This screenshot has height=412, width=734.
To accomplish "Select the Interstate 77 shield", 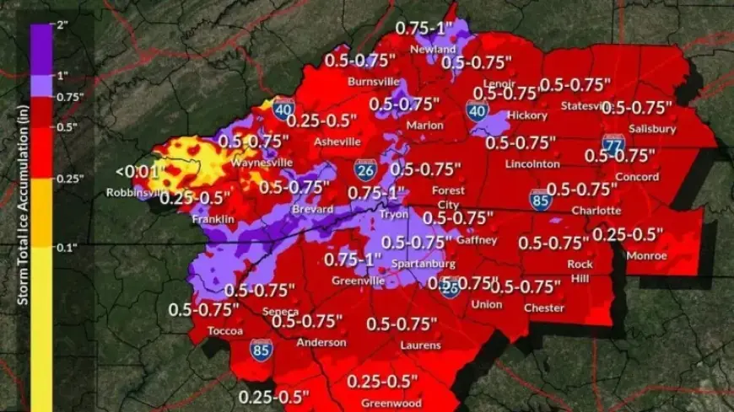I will click(613, 142).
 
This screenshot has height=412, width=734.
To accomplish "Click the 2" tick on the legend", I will click(62, 24).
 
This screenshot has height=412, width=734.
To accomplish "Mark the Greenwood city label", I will click(391, 403).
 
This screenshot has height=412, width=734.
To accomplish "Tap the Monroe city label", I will click(647, 255).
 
